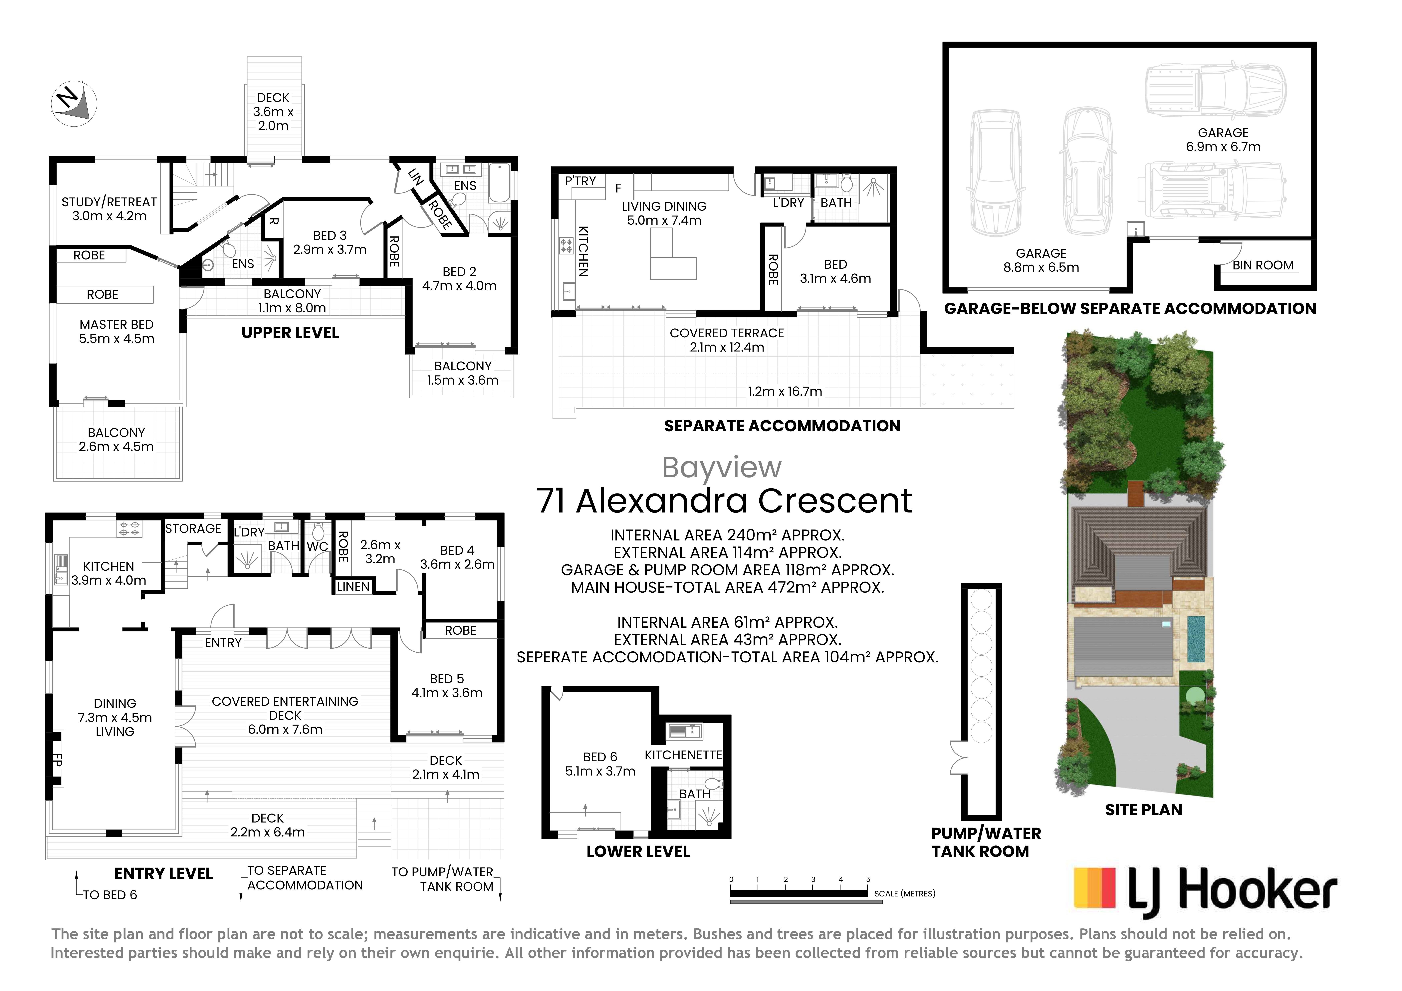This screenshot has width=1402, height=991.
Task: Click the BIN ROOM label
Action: pos(1263,265)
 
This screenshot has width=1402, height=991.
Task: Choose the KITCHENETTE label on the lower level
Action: pos(683,755)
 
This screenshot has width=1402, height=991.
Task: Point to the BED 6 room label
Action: pos(600,757)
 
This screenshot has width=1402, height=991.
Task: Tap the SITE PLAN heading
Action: pos(1143,810)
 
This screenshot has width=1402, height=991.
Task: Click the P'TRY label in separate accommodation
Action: pos(580,181)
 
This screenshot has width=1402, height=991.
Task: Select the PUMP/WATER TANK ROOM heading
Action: pos(986,842)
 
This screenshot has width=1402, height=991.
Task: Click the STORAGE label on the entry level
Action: pos(193,529)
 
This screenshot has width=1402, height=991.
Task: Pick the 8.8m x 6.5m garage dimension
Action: pos(1041,267)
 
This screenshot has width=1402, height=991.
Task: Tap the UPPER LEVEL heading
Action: pos(290,333)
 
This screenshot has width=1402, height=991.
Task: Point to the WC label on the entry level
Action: pos(318,546)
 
